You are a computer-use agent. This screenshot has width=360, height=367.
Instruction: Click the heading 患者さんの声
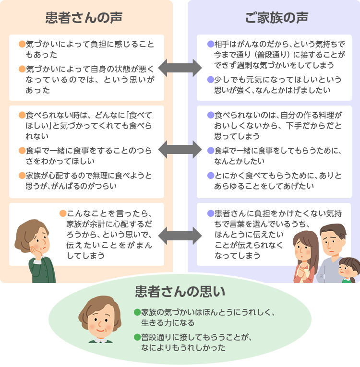click(x=84, y=18)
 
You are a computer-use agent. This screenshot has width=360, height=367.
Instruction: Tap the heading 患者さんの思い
click(x=180, y=292)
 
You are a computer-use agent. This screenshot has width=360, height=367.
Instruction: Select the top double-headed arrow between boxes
click(x=180, y=67)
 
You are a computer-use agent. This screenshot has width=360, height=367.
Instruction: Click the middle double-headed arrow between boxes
click(x=180, y=149)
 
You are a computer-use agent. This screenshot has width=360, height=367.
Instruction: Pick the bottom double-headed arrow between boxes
click(x=180, y=235)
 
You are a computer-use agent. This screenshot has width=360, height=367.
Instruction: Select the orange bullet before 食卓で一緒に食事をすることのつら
click(x=22, y=151)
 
